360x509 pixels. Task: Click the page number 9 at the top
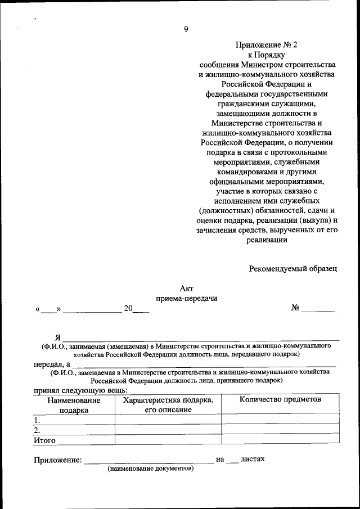[x=186, y=30]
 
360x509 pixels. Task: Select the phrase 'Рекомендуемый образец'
[x=293, y=268]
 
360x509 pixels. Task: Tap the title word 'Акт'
[x=186, y=288]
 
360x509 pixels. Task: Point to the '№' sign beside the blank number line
[x=295, y=308]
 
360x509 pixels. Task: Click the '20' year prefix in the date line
[x=129, y=308]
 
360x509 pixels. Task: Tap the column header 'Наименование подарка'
[x=74, y=404]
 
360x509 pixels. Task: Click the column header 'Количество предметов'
[x=280, y=399]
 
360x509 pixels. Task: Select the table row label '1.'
[x=37, y=420]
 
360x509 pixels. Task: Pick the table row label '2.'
[x=37, y=430]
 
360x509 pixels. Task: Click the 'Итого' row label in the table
[x=44, y=440]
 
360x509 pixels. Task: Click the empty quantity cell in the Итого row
[x=280, y=440]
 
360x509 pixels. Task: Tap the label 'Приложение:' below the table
[x=57, y=460]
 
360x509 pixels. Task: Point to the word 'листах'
[x=252, y=459]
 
